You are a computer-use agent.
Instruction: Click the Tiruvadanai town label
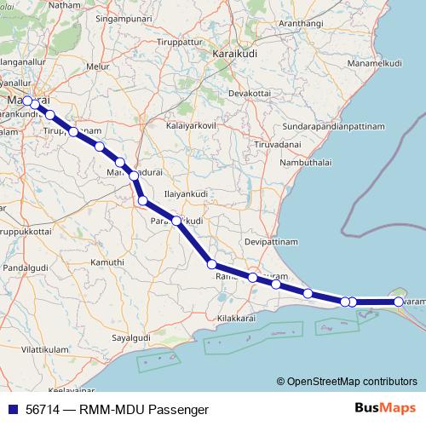click(256, 145)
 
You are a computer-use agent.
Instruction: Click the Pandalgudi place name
click(26, 268)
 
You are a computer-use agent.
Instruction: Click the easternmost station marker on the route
click(399, 302)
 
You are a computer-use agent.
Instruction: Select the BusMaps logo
click(385, 408)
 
